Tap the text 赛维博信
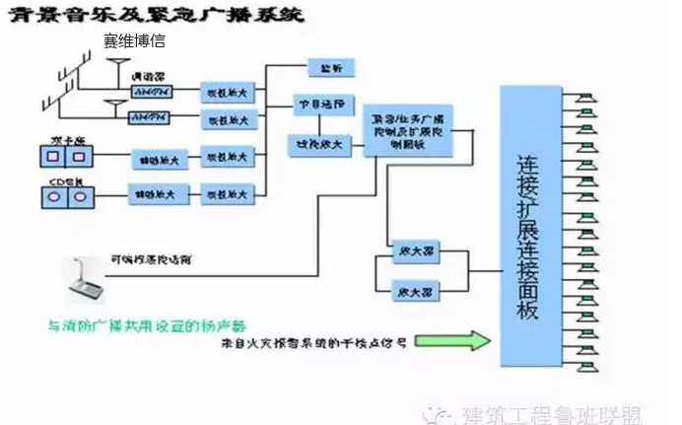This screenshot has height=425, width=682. [x=134, y=41]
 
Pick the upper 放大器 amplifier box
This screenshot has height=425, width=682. [x=413, y=249]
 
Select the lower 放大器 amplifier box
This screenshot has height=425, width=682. [x=413, y=291]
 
